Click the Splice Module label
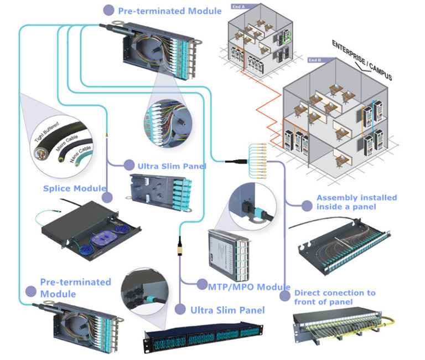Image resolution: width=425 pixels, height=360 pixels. (74, 188)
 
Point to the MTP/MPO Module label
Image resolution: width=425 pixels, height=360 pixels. (249, 286)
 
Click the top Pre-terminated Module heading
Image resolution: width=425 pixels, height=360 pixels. (170, 11)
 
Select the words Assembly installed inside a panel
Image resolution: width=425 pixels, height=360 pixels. (356, 202)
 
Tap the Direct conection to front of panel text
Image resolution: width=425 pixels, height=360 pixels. (335, 297)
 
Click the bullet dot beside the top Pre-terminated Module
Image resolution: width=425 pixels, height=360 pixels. (109, 10)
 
